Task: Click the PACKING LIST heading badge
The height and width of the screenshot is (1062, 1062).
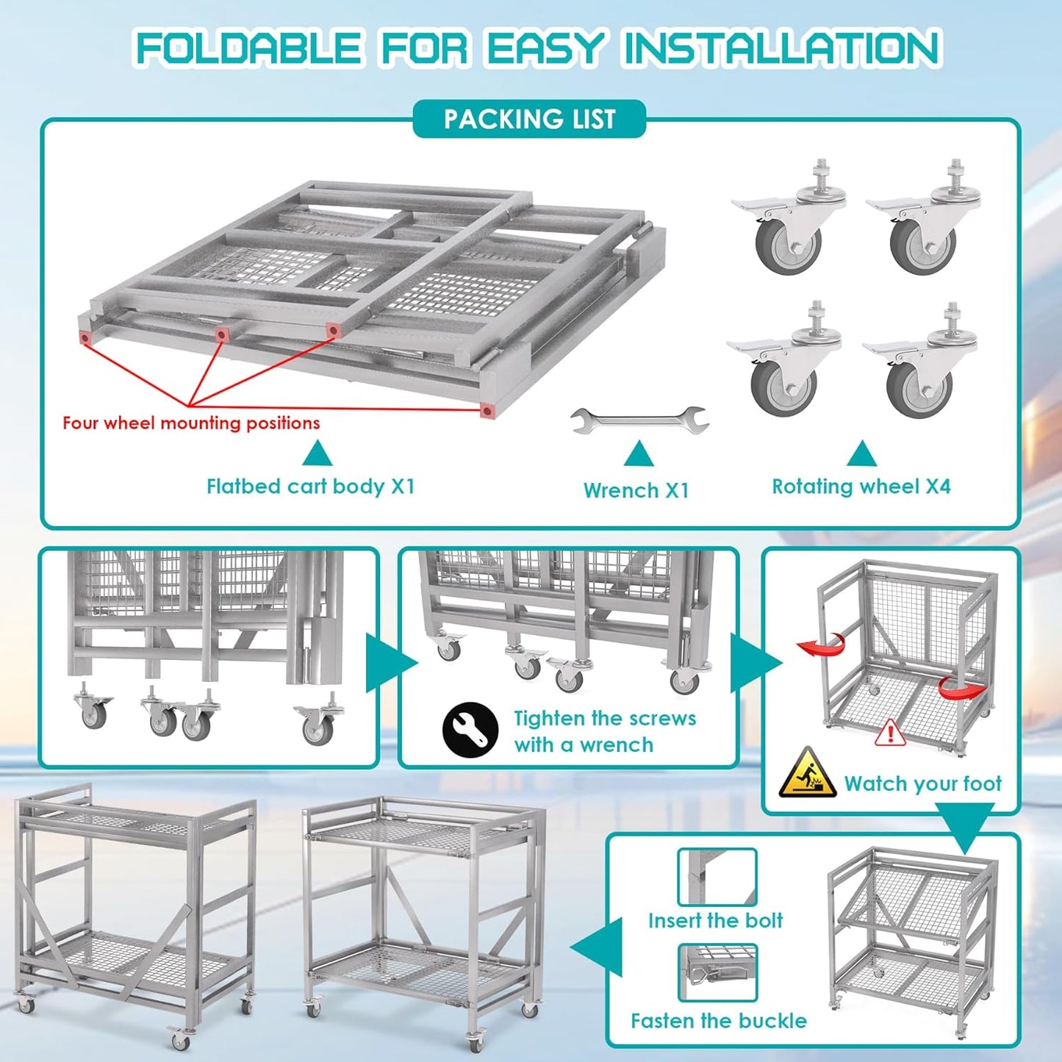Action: pyautogui.click(x=529, y=119)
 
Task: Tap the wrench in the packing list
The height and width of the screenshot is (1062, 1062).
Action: pyautogui.click(x=639, y=420)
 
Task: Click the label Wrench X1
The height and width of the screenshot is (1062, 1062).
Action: pyautogui.click(x=636, y=490)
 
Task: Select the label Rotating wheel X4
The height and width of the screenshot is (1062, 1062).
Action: pyautogui.click(x=861, y=487)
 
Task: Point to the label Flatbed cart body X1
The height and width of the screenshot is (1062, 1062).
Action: pyautogui.click(x=310, y=487)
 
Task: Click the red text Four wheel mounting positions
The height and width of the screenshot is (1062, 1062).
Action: pyautogui.click(x=191, y=423)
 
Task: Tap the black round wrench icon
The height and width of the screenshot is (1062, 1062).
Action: pyautogui.click(x=470, y=730)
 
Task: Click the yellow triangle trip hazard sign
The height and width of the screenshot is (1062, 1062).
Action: pyautogui.click(x=807, y=774)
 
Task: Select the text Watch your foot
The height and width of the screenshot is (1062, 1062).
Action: pyautogui.click(x=922, y=783)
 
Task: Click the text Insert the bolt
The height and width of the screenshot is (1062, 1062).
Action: pyautogui.click(x=715, y=920)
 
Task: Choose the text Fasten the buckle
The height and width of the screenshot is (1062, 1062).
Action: pyautogui.click(x=718, y=1021)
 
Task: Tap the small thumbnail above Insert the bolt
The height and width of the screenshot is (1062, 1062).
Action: pyautogui.click(x=717, y=877)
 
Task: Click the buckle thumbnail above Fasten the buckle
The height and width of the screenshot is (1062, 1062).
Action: pyautogui.click(x=717, y=972)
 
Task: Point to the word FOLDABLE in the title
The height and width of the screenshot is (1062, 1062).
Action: pyautogui.click(x=248, y=49)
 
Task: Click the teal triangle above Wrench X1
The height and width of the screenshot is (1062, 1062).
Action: pyautogui.click(x=638, y=455)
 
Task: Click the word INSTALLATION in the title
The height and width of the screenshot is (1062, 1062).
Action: pyautogui.click(x=781, y=49)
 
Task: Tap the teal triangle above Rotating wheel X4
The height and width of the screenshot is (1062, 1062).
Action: pyautogui.click(x=861, y=454)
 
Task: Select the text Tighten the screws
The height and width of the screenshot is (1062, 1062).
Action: pyautogui.click(x=604, y=718)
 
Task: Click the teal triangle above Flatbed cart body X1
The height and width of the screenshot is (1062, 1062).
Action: pyautogui.click(x=317, y=454)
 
